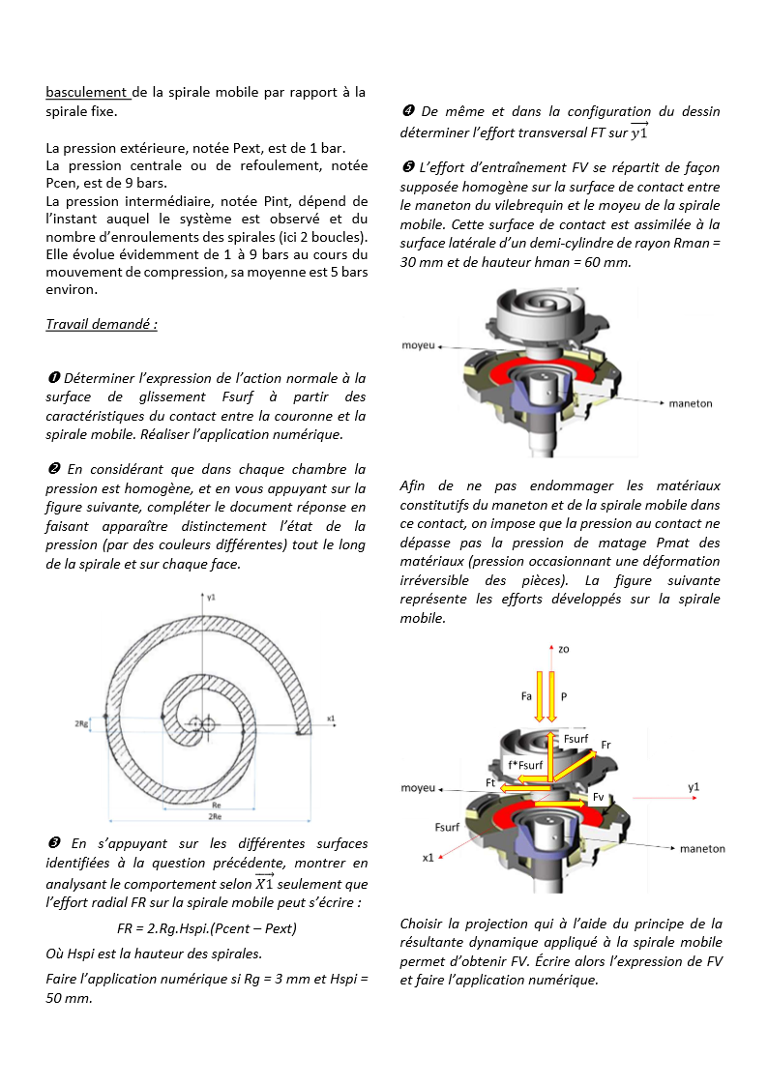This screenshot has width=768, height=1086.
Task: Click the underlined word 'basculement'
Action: (x=87, y=93)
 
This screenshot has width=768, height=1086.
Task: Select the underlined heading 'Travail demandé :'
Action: (x=102, y=324)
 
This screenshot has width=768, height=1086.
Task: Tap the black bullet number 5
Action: (x=408, y=167)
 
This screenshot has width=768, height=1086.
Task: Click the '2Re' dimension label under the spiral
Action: (x=218, y=817)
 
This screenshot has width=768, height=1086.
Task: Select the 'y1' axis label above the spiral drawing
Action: (x=212, y=598)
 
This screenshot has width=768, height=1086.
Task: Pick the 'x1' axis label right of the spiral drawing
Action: (x=331, y=719)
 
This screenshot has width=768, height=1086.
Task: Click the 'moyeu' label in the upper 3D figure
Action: (x=417, y=345)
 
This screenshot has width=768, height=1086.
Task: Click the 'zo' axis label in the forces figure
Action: (x=563, y=649)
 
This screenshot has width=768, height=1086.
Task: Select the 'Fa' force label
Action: (x=526, y=695)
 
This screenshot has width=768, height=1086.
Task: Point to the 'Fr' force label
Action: (x=606, y=745)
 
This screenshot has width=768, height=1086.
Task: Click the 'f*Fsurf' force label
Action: (x=525, y=765)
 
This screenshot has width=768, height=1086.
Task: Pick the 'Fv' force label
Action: (x=599, y=797)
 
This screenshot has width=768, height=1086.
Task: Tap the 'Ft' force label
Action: (x=490, y=781)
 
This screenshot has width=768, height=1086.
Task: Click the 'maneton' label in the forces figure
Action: (x=702, y=848)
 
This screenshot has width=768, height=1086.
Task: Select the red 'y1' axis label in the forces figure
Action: (x=694, y=787)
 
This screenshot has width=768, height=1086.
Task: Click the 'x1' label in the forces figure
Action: (x=428, y=858)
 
